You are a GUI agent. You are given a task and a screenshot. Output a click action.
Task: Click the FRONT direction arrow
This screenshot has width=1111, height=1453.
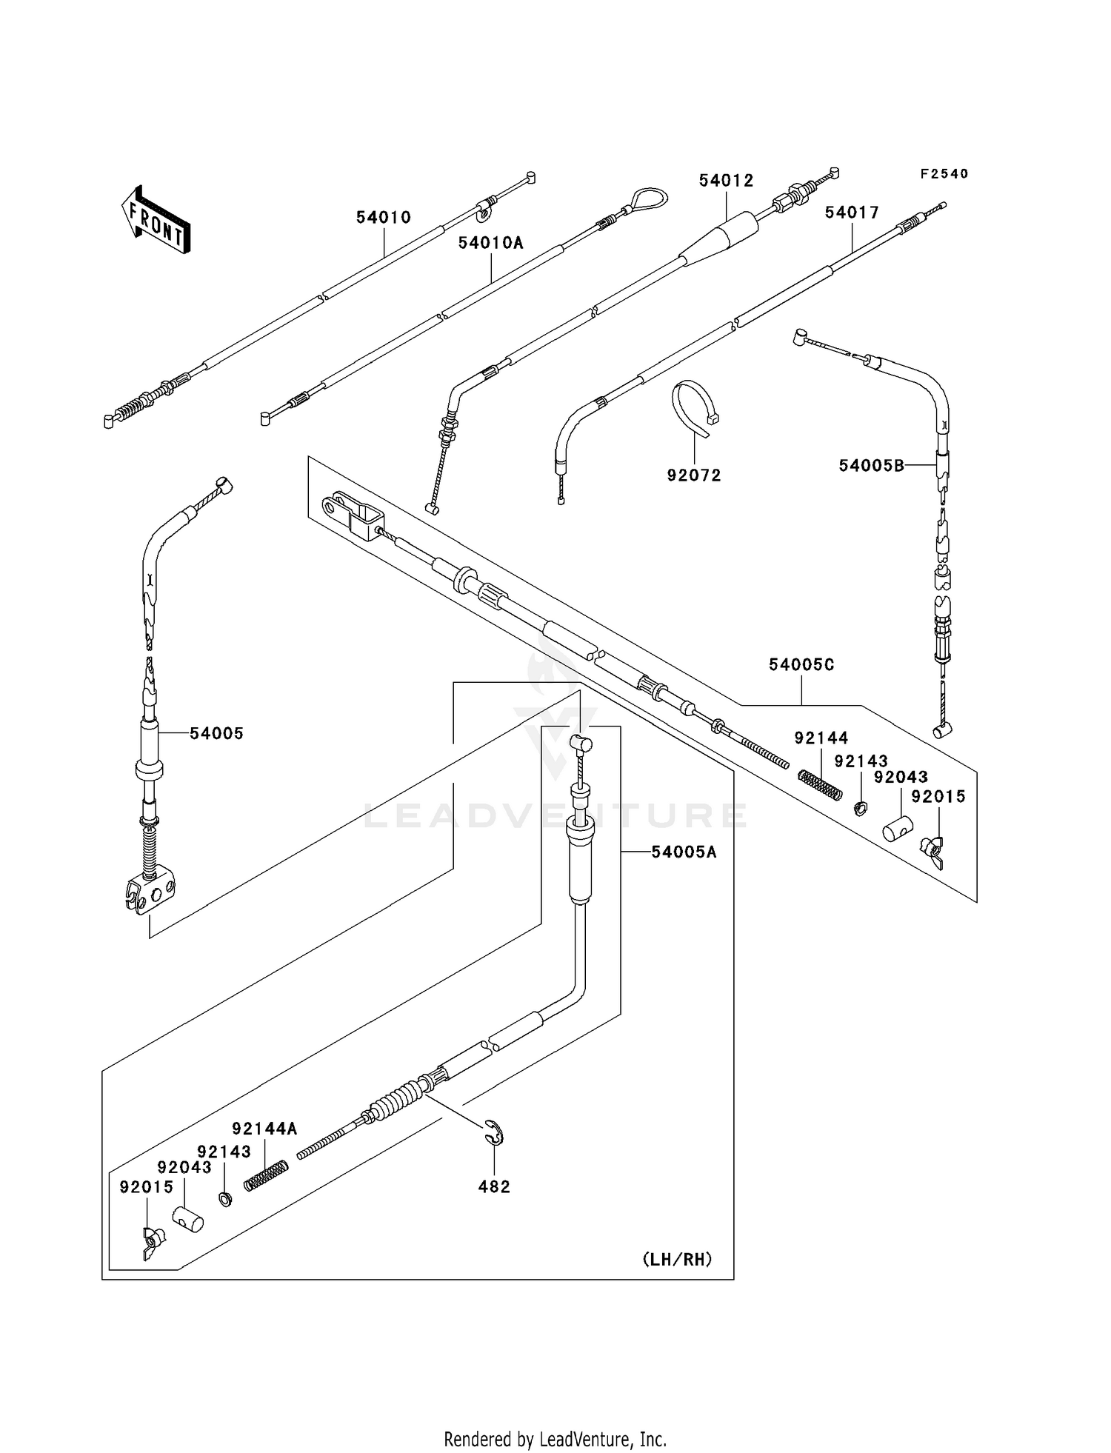(156, 220)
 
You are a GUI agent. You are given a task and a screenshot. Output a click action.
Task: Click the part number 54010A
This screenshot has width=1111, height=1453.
(490, 243)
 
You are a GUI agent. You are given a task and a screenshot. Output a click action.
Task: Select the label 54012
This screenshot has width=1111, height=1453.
(726, 181)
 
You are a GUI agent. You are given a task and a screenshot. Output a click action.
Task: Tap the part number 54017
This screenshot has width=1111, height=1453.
(852, 213)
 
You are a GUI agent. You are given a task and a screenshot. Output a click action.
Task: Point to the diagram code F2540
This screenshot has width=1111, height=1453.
(944, 174)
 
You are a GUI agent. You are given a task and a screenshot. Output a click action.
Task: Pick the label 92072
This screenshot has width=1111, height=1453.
(693, 475)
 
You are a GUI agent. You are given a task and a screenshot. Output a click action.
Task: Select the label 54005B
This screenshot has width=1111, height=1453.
(871, 465)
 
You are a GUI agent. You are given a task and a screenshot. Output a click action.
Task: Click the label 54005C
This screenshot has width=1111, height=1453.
(801, 665)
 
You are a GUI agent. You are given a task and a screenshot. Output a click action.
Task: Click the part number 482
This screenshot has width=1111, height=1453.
(494, 1186)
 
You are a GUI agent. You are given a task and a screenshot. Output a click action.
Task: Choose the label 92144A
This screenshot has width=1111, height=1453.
(264, 1129)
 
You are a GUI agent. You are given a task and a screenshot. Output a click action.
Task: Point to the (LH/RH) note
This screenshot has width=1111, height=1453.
(677, 1259)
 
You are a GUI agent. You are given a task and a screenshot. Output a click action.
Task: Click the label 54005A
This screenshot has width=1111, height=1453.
(684, 852)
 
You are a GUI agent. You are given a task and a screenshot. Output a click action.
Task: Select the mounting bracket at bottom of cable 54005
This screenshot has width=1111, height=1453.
(150, 893)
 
